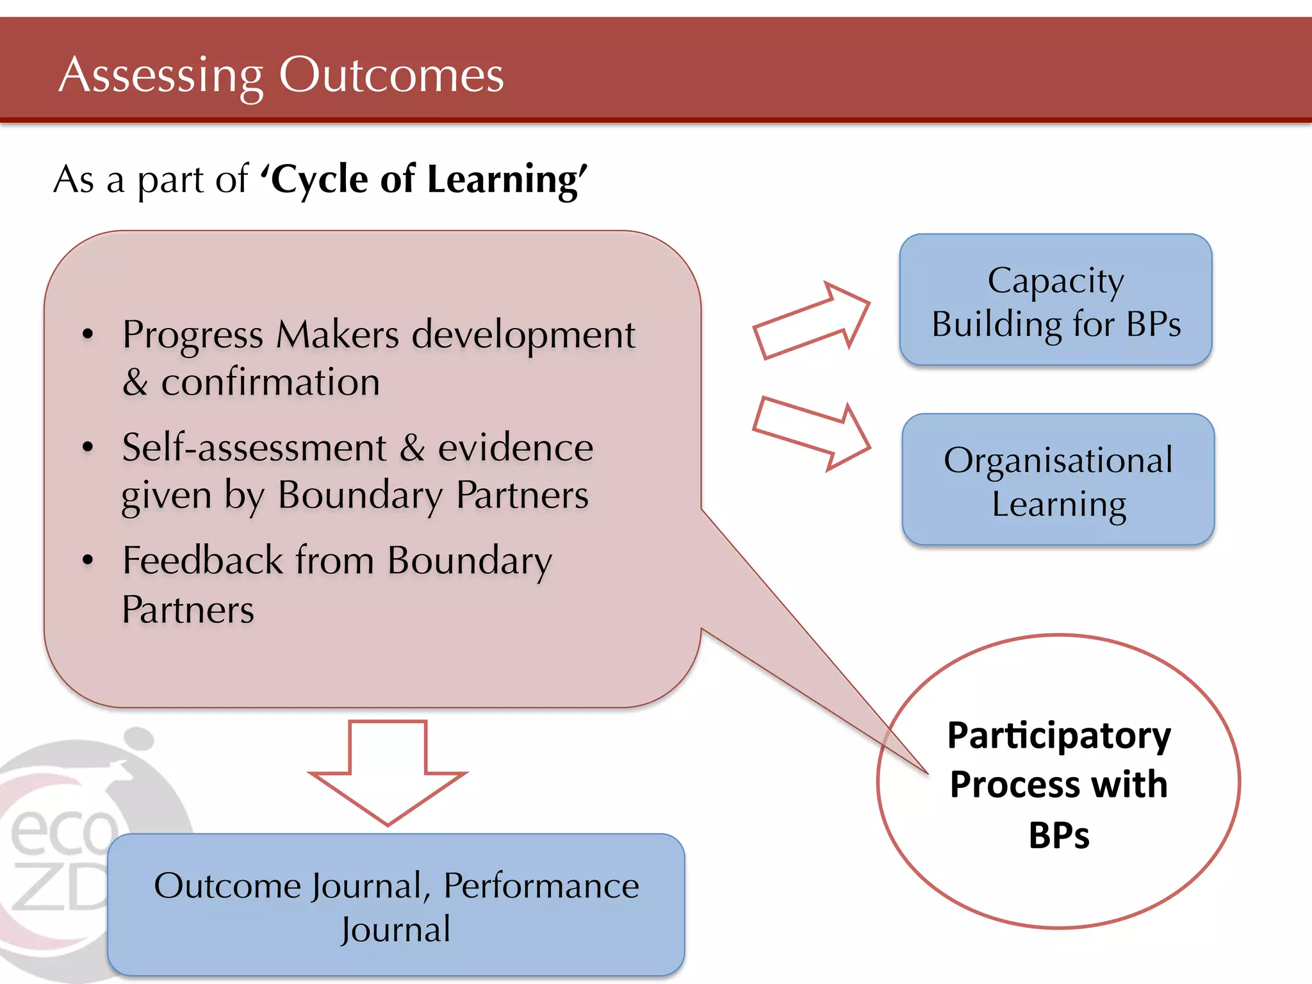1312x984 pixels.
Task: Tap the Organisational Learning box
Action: coord(1058,480)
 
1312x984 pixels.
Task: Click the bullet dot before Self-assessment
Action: coord(88,447)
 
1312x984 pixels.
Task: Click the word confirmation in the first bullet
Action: coord(270,383)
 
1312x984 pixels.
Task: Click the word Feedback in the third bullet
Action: coord(202,561)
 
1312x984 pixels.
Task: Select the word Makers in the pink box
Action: coord(337,334)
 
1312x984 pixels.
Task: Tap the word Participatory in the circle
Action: coord(1058,735)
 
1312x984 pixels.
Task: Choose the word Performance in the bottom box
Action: coord(541,885)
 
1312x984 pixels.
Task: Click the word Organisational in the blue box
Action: coord(1058,460)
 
